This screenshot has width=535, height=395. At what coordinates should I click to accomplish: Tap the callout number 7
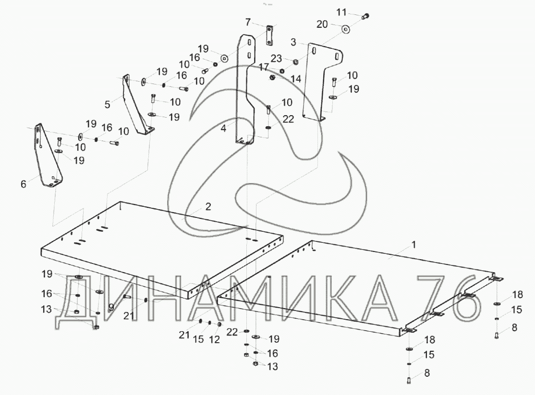click(x=248, y=22)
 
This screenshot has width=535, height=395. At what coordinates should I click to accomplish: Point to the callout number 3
click(x=293, y=42)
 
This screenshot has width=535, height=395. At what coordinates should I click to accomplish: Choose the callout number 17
click(x=264, y=68)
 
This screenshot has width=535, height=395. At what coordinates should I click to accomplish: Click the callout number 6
click(x=23, y=183)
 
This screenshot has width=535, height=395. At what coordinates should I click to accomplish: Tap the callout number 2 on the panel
click(x=207, y=207)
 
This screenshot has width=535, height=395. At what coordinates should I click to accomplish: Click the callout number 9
click(x=111, y=306)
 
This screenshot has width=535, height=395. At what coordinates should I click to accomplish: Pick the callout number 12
click(x=214, y=339)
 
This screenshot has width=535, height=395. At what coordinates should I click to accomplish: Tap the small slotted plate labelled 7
click(x=269, y=36)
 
